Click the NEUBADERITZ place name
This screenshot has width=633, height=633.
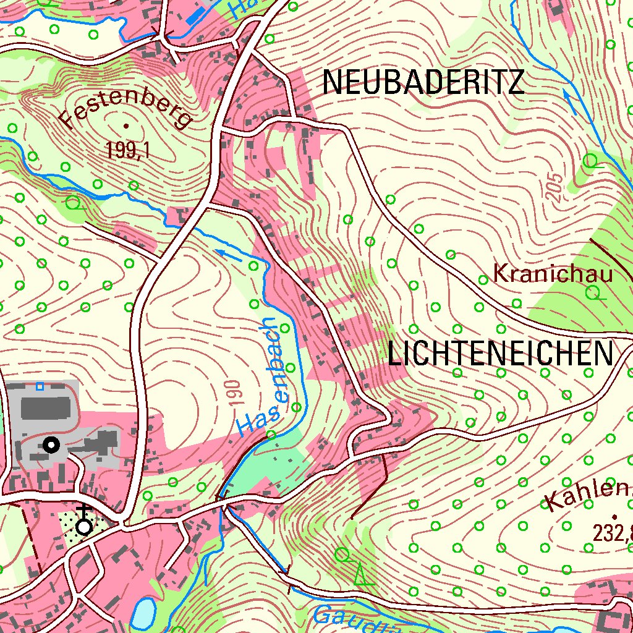[423, 82]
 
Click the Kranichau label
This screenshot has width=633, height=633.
[553, 273]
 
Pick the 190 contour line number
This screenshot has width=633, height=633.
[234, 393]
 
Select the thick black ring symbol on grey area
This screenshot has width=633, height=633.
[51, 444]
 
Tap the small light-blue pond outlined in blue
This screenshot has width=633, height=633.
[144, 612]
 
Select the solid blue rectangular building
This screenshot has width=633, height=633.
[197, 15]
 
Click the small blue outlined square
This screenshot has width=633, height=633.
[40, 386]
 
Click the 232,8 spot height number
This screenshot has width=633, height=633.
[612, 532]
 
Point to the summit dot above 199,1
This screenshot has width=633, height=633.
[126, 126]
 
